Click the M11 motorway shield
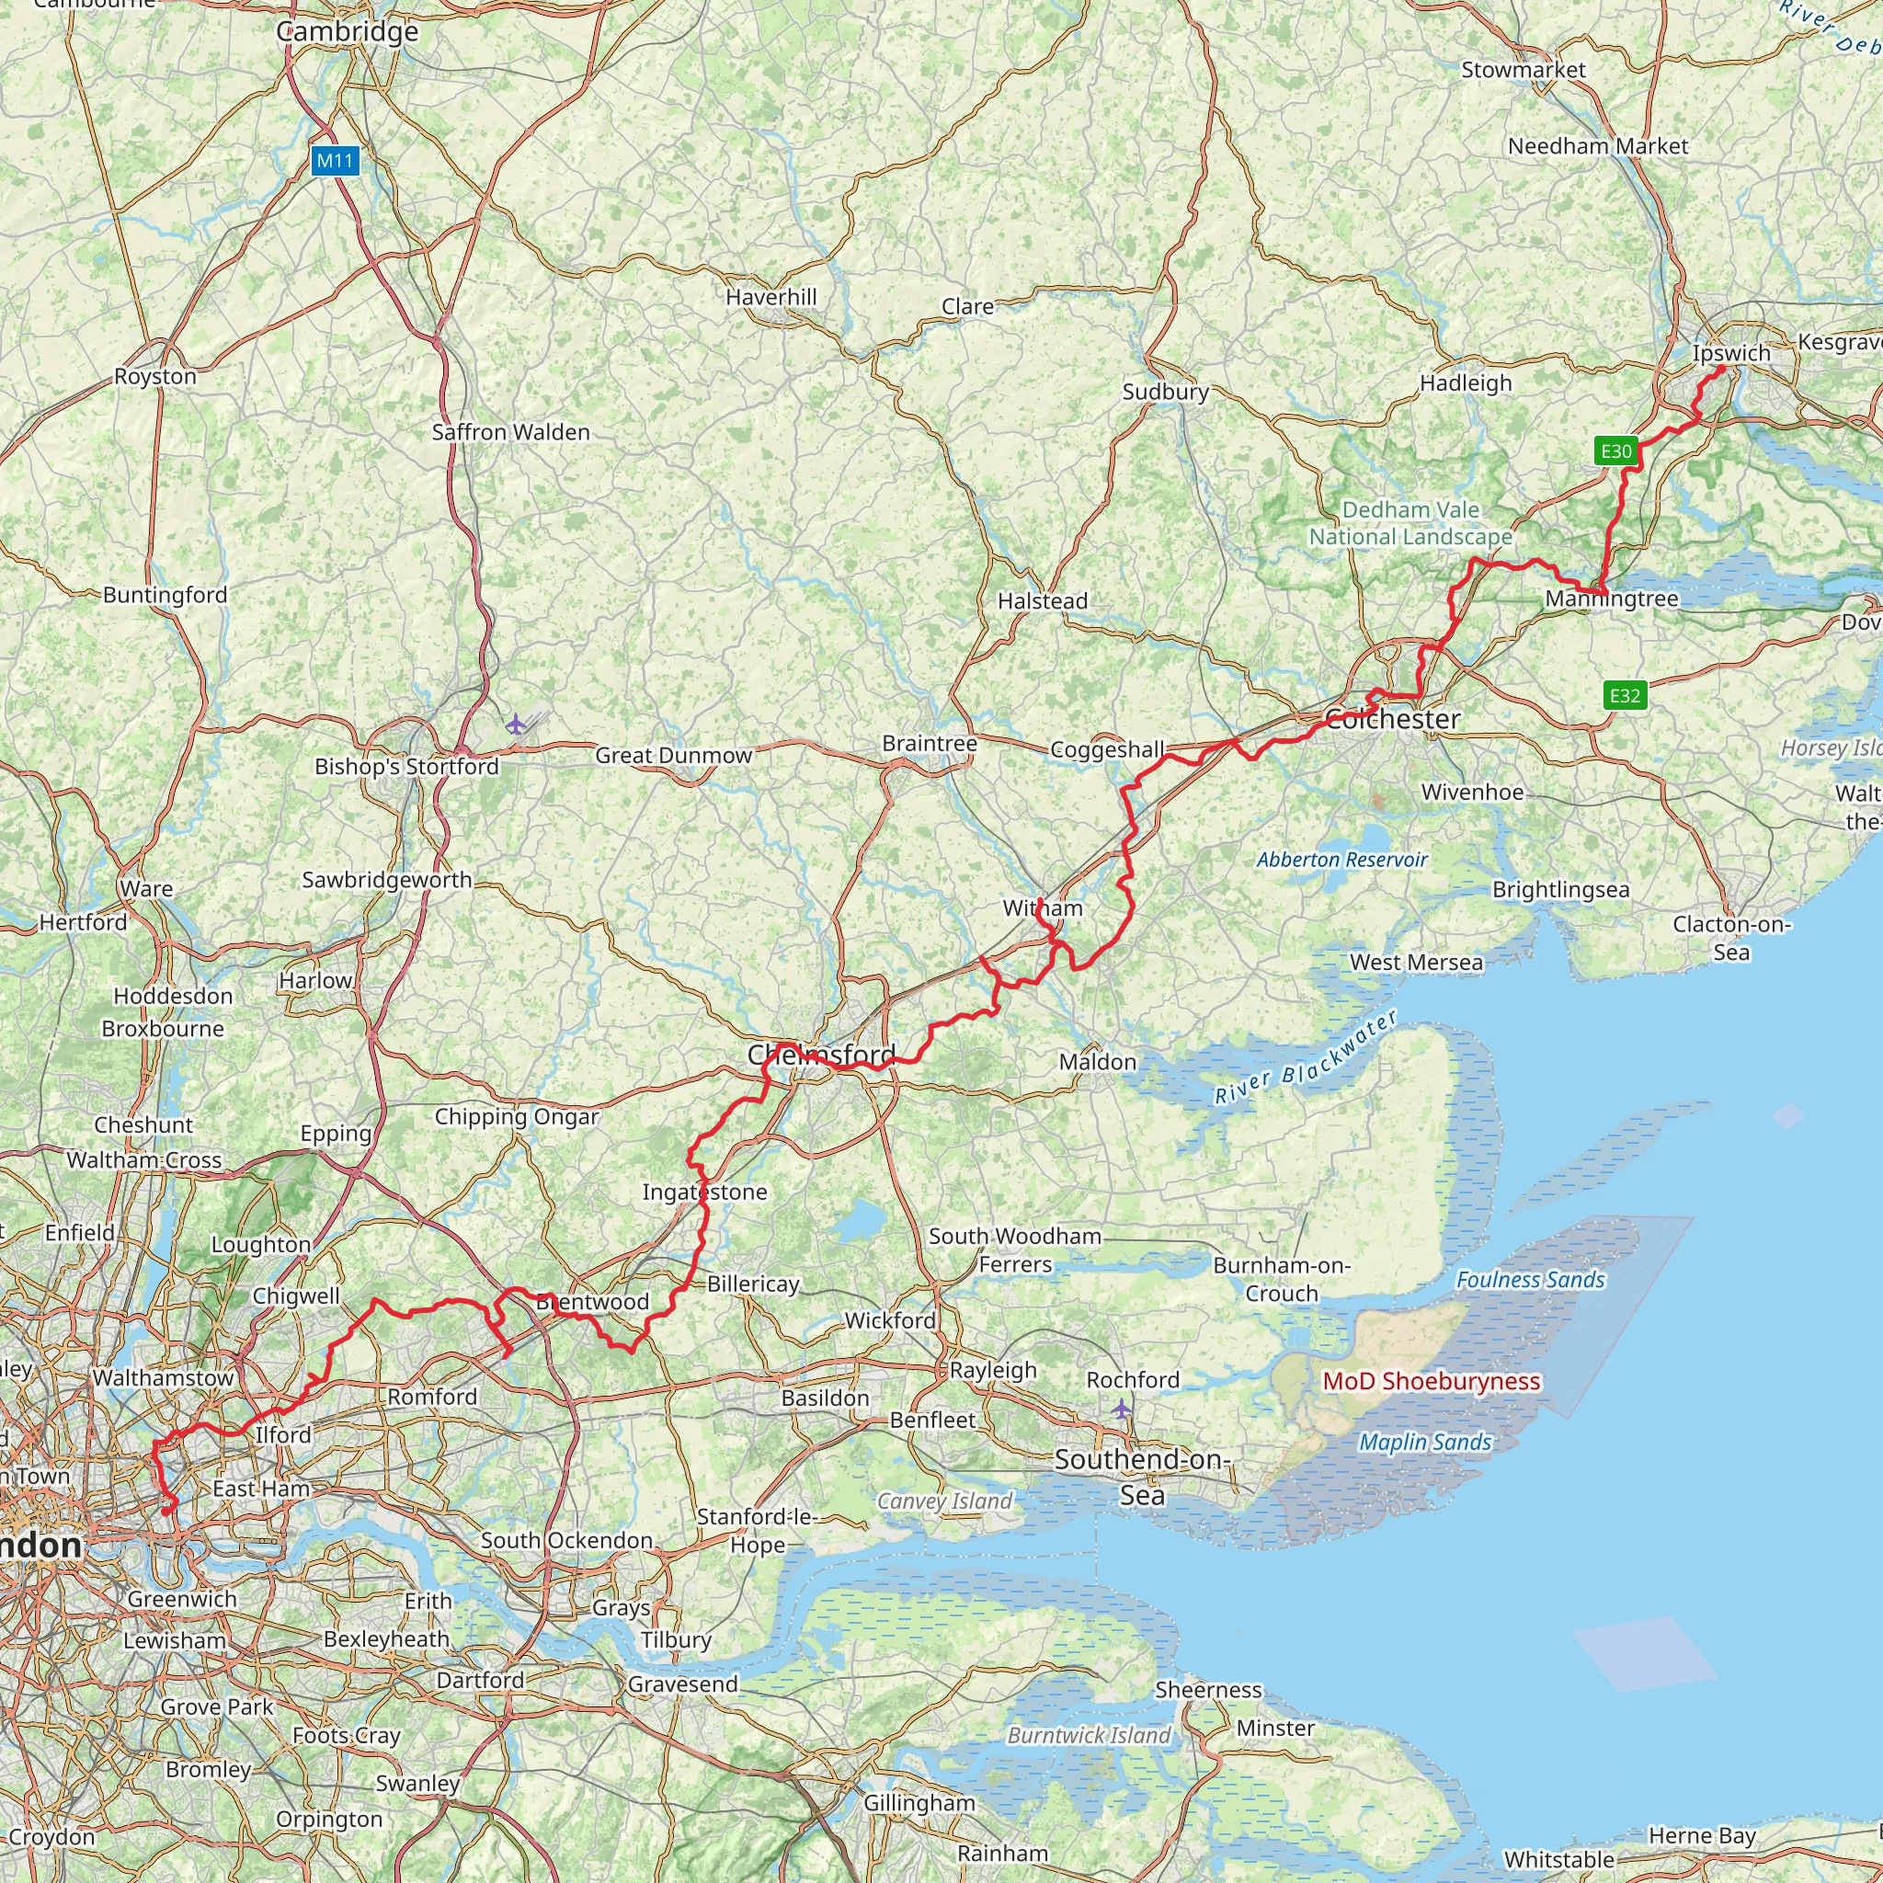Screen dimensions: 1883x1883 (x=336, y=161)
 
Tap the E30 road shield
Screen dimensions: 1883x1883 (x=1616, y=451)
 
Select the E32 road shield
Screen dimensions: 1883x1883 (x=1625, y=695)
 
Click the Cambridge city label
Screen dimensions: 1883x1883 (x=347, y=31)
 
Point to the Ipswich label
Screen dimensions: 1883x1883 (x=1731, y=353)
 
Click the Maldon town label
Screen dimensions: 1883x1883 (x=1098, y=1061)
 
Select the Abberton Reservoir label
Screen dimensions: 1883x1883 (x=1341, y=860)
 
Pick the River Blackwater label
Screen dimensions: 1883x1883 (x=1306, y=1058)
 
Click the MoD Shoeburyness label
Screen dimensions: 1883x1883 (x=1431, y=1381)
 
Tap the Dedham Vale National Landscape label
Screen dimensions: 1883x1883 (x=1410, y=523)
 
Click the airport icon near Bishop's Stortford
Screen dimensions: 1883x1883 (x=516, y=725)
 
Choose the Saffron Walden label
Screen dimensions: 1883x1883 (x=510, y=432)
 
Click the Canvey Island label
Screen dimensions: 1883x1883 (x=944, y=1501)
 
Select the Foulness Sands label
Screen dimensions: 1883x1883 (x=1529, y=1280)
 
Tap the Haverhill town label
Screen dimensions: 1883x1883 (x=770, y=296)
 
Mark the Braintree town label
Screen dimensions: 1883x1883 (x=929, y=744)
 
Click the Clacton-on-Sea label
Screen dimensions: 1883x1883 (x=1732, y=938)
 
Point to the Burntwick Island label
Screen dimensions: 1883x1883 (x=1089, y=1735)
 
